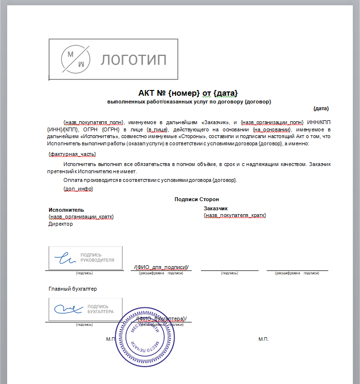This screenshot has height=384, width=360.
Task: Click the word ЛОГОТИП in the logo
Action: pyautogui.click(x=133, y=60)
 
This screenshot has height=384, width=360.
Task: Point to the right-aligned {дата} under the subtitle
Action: pyautogui.click(x=321, y=108)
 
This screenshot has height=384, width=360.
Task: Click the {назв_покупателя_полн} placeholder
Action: pyautogui.click(x=94, y=122)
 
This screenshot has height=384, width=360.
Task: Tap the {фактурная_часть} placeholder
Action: pyautogui.click(x=72, y=154)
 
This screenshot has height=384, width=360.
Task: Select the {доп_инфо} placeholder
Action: pyautogui.click(x=78, y=189)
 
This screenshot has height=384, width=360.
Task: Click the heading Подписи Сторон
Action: pyautogui.click(x=197, y=199)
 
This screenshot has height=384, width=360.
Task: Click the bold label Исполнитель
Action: pyautogui.click(x=66, y=210)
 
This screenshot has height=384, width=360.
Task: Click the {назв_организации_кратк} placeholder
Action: pyautogui.click(x=81, y=217)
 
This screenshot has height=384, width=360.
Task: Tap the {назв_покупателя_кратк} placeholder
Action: pyautogui.click(x=235, y=215)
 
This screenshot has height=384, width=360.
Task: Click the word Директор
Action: pyautogui.click(x=61, y=224)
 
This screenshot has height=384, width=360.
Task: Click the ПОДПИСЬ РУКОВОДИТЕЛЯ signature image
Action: pyautogui.click(x=85, y=257)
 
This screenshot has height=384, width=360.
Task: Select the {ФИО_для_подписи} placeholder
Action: pyautogui.click(x=161, y=267)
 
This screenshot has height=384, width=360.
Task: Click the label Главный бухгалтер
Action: pyautogui.click(x=73, y=289)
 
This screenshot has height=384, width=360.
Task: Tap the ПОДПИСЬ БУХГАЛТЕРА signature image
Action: pyautogui.click(x=85, y=309)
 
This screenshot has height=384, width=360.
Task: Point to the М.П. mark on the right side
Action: pyautogui.click(x=263, y=339)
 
